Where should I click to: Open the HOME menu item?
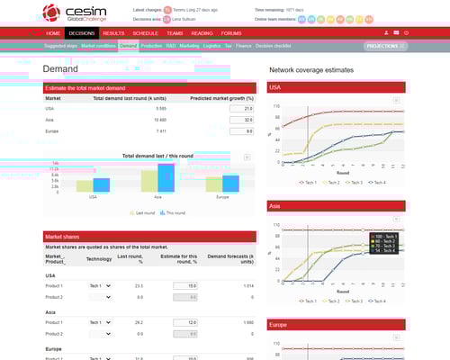54,32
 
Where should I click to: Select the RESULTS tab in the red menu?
113,32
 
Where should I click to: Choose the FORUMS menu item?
230,32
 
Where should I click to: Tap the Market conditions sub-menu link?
97,44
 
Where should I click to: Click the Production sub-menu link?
151,44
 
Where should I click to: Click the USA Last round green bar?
84,185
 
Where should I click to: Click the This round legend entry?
171,213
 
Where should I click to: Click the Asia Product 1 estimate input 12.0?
185,321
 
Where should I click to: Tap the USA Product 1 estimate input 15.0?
185,285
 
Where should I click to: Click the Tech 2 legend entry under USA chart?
332,182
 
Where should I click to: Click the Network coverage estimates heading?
311,69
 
